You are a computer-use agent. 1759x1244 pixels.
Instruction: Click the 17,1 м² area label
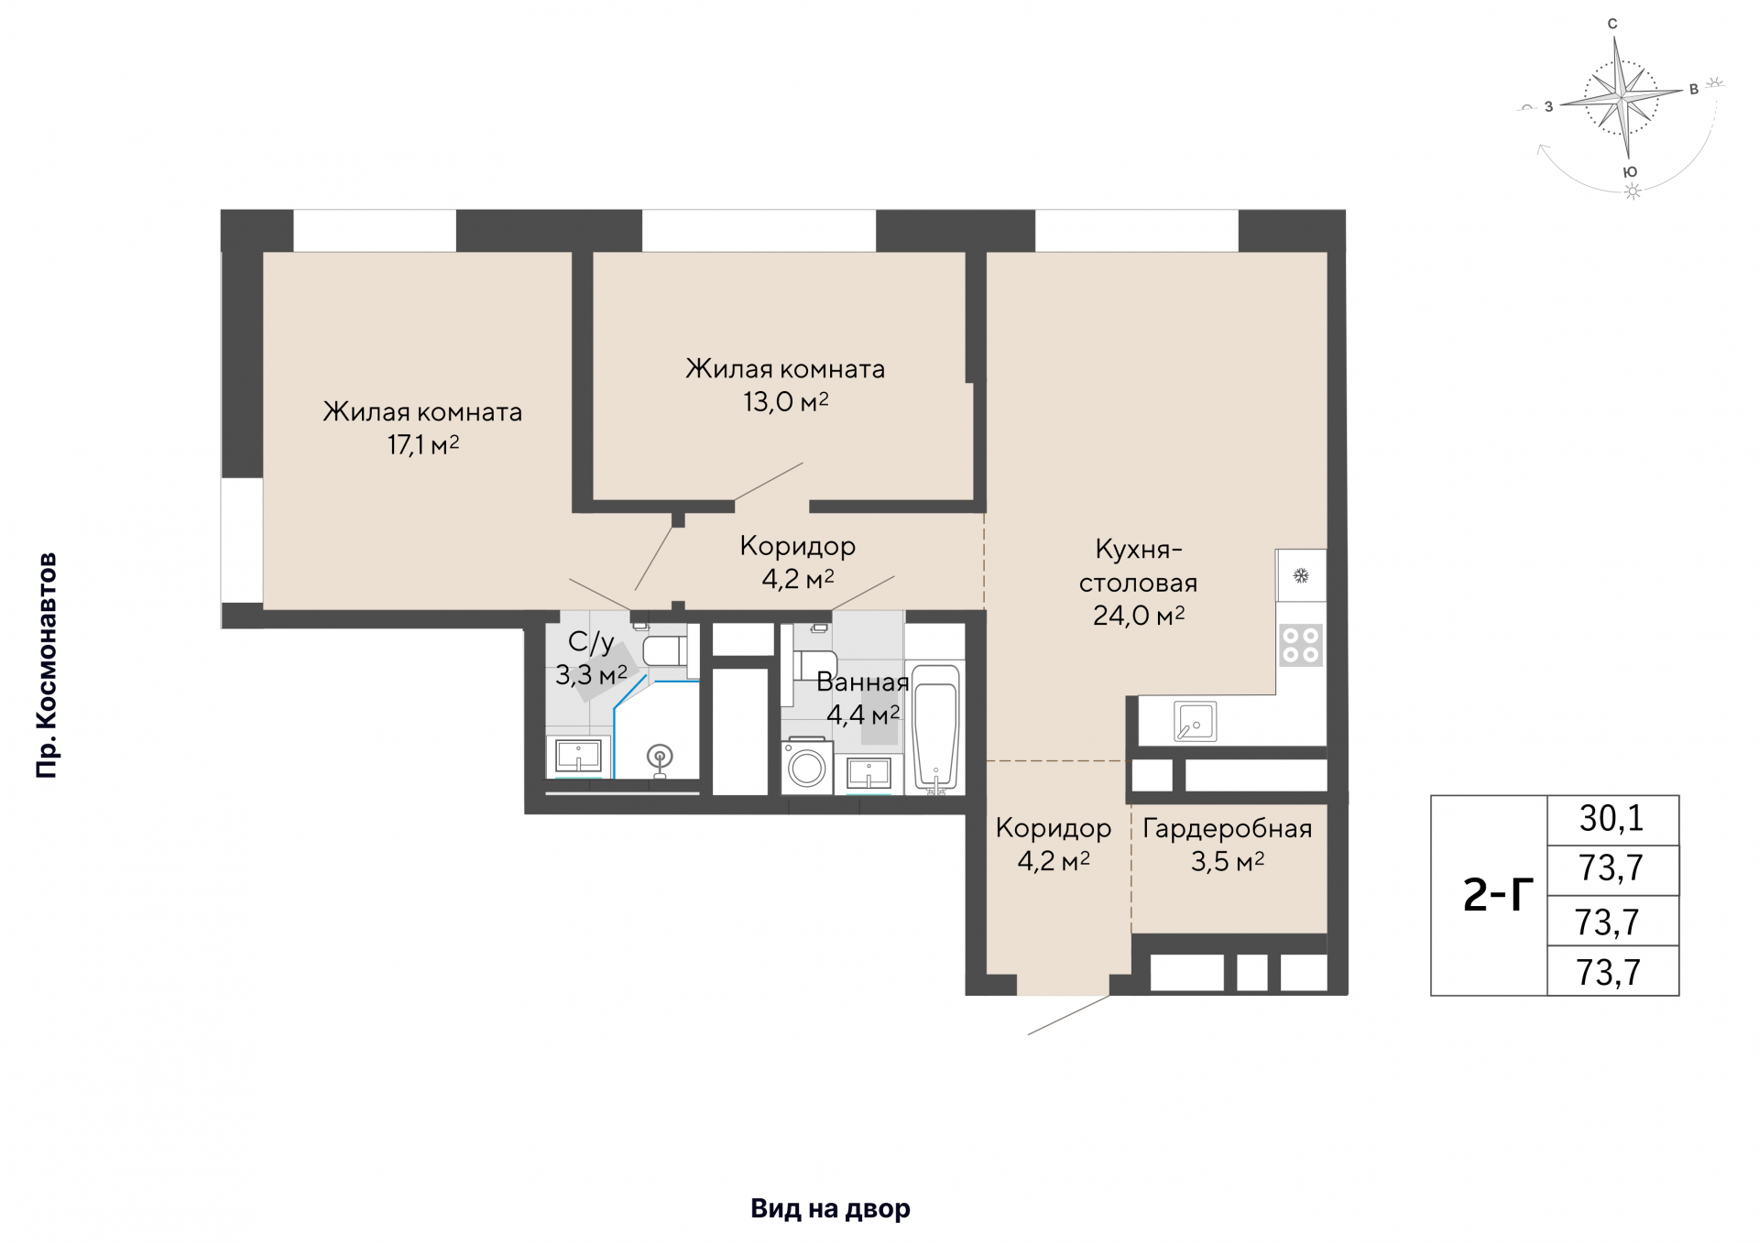coord(423,445)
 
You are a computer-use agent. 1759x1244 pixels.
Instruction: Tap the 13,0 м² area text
coord(786,402)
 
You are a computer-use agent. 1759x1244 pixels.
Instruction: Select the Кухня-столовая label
coord(1139,566)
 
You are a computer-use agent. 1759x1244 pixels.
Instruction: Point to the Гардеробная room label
coord(1228,829)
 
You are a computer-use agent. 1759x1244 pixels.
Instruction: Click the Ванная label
coord(863,682)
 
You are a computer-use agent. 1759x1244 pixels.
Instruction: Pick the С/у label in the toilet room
coord(591,642)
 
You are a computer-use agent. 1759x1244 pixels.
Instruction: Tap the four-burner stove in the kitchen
coord(1301,644)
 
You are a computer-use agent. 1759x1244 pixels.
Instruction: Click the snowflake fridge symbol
coord(1301,575)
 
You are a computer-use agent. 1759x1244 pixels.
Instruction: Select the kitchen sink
coord(1196,722)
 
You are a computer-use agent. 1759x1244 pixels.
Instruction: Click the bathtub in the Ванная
coord(935,728)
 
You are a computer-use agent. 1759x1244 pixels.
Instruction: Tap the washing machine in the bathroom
coord(807,766)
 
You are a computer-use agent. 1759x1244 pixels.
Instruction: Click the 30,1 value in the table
coord(1612,819)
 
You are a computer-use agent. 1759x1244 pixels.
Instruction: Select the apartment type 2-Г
coord(1499,895)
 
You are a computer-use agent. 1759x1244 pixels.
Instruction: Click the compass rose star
coord(1622,95)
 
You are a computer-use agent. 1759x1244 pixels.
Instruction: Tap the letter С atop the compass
coord(1612,24)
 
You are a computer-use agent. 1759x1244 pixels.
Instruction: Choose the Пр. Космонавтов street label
coord(47,666)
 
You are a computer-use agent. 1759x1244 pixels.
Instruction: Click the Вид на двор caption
coord(830,1209)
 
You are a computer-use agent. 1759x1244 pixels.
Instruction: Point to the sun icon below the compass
coord(1633,191)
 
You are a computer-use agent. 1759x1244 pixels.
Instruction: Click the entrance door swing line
coord(1069,1015)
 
